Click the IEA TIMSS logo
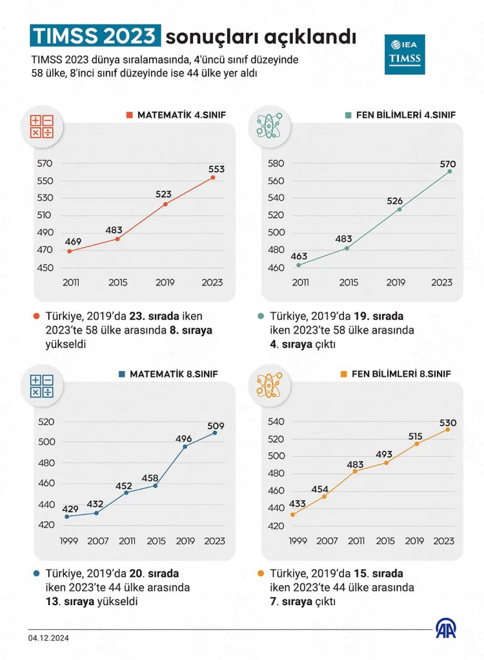pos(405,55)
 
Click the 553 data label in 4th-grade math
pos(217,170)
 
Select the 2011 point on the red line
pos(69,251)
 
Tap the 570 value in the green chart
pos(448,164)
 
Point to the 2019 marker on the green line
pos(399,210)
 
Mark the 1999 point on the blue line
pos(67,517)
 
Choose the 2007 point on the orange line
pos(324,496)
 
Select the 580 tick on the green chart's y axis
pos(276,163)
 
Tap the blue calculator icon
pos(41,386)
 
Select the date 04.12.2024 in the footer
pos(48,638)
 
